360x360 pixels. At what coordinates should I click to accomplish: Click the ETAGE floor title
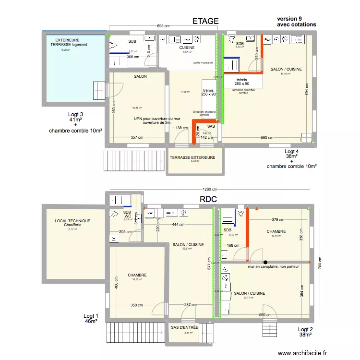pos(205,21)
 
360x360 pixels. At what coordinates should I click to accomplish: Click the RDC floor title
pos(209,199)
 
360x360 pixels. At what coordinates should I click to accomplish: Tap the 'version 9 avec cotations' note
pos(297,22)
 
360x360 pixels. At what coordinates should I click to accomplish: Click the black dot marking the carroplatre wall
pos(251,262)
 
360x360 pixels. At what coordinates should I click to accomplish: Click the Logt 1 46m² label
pos(91,319)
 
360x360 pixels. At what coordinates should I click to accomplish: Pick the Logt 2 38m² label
pos(305,332)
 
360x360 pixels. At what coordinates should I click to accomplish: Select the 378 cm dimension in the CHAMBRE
pos(278,220)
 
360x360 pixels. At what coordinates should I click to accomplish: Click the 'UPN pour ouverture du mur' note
pos(154,120)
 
